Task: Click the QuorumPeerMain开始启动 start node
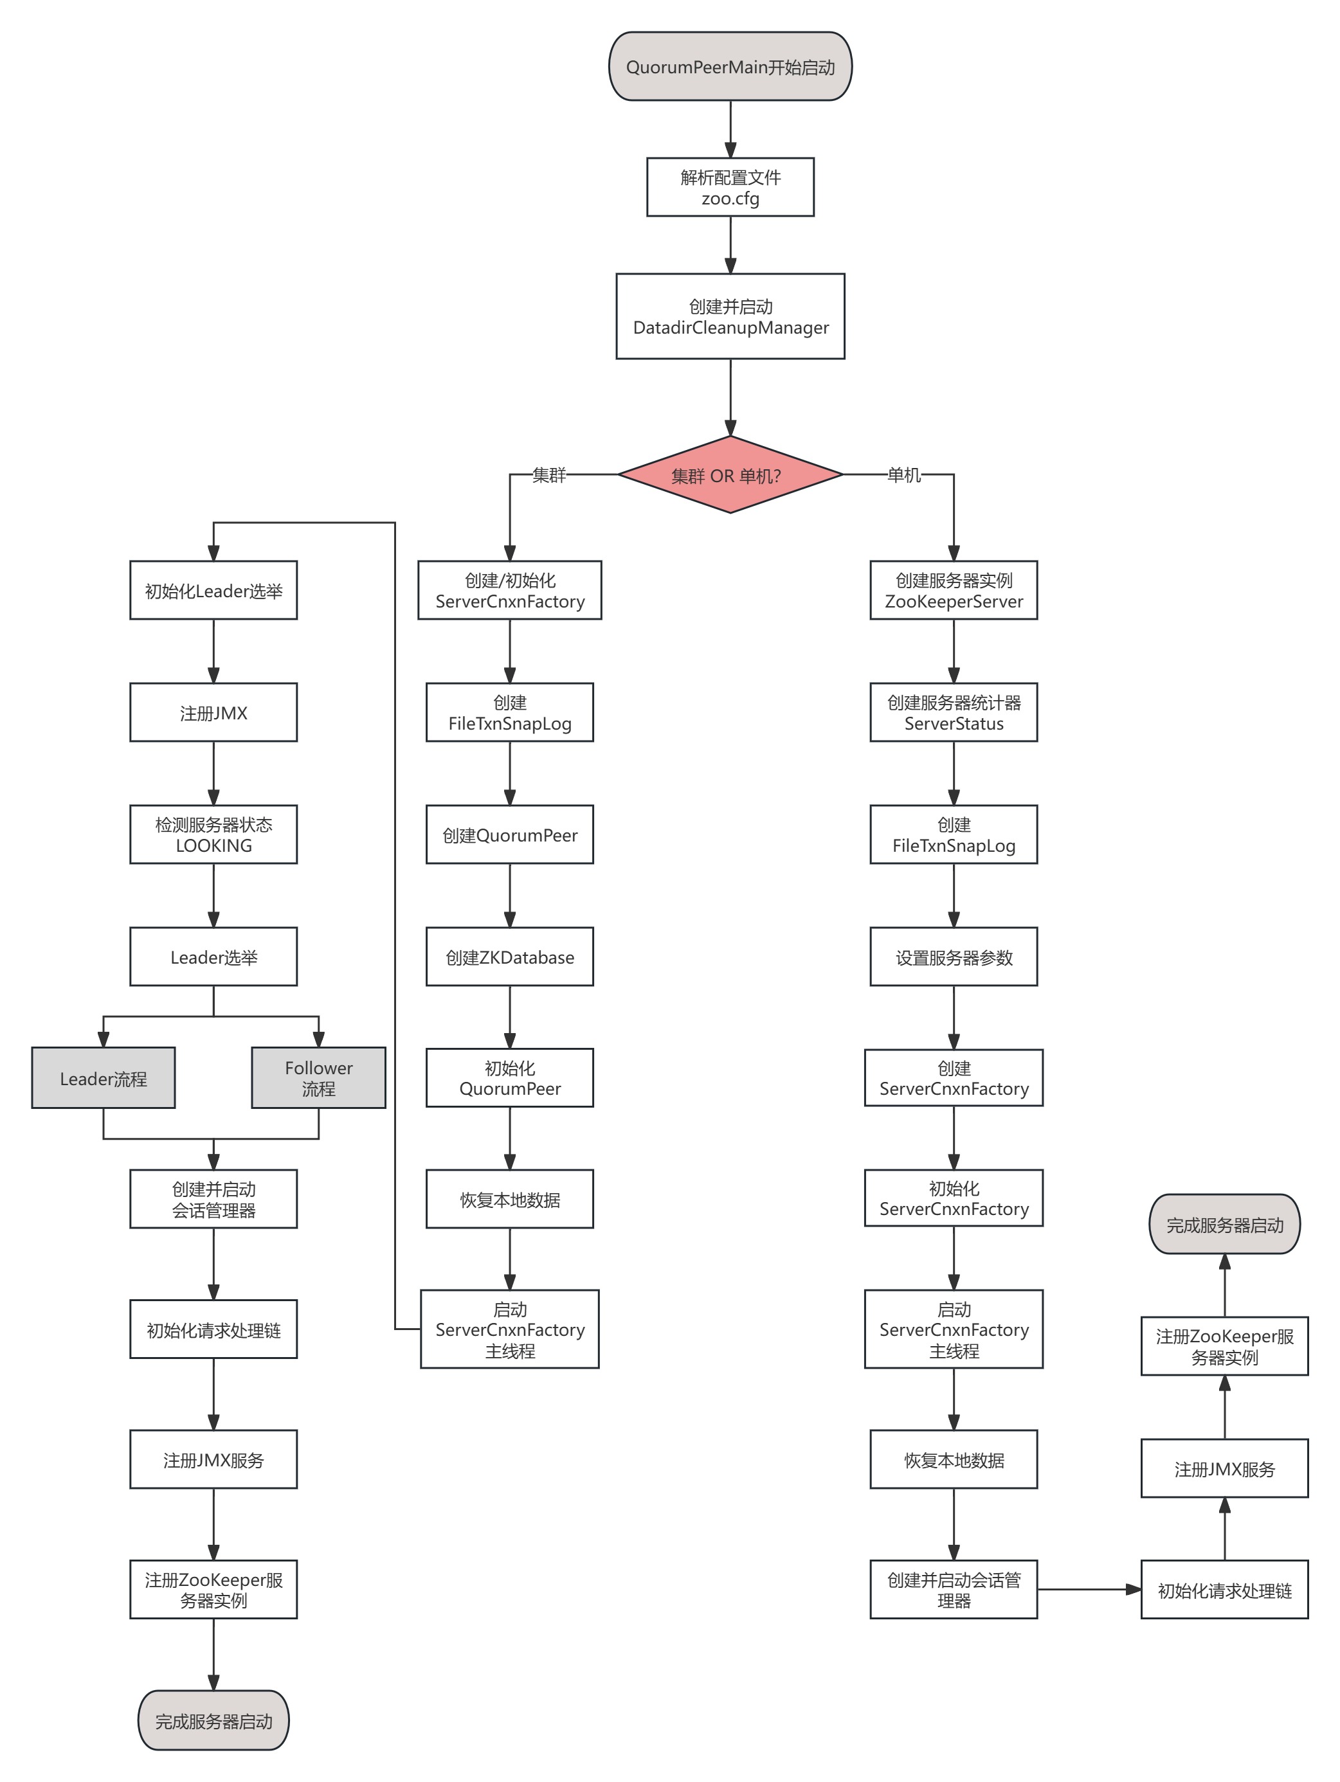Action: (729, 67)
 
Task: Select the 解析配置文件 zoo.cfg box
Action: (729, 187)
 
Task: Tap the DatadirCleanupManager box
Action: (729, 316)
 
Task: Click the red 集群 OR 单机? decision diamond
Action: (729, 475)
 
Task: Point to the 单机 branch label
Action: (903, 475)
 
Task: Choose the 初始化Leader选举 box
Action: (213, 591)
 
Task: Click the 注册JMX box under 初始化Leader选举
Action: (213, 713)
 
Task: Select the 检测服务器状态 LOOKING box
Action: (213, 834)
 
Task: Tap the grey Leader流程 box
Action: (103, 1079)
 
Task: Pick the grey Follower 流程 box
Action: (318, 1078)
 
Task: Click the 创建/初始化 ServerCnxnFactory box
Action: (509, 591)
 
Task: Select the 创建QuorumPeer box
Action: (509, 834)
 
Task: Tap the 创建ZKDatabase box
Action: (509, 957)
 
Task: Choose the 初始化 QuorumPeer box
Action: (509, 1078)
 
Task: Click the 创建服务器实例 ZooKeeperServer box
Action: (953, 591)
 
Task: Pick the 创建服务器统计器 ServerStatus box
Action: (953, 713)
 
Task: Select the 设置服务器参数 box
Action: (953, 957)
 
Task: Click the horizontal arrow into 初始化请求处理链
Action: (1088, 1589)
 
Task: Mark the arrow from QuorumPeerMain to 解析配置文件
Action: (730, 129)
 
